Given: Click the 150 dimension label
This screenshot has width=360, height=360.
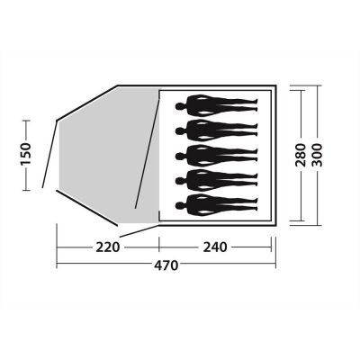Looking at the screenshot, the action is pos(26,154).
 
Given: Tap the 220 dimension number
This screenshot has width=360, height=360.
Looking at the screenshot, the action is pos(108,247).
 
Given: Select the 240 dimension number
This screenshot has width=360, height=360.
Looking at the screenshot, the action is pos(215,247).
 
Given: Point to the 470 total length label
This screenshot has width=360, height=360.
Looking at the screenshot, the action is pos(166,265).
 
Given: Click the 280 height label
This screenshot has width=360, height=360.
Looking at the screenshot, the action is pos(301,155).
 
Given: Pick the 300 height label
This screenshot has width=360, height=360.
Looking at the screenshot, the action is pos(317,155).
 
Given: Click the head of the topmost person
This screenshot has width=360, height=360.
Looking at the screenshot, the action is pos(180,106).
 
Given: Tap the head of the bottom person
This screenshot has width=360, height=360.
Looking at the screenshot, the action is pos(180,205).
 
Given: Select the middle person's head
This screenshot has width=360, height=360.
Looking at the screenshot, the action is pos(180,156).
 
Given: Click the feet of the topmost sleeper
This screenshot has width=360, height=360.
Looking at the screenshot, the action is pos(256,105).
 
